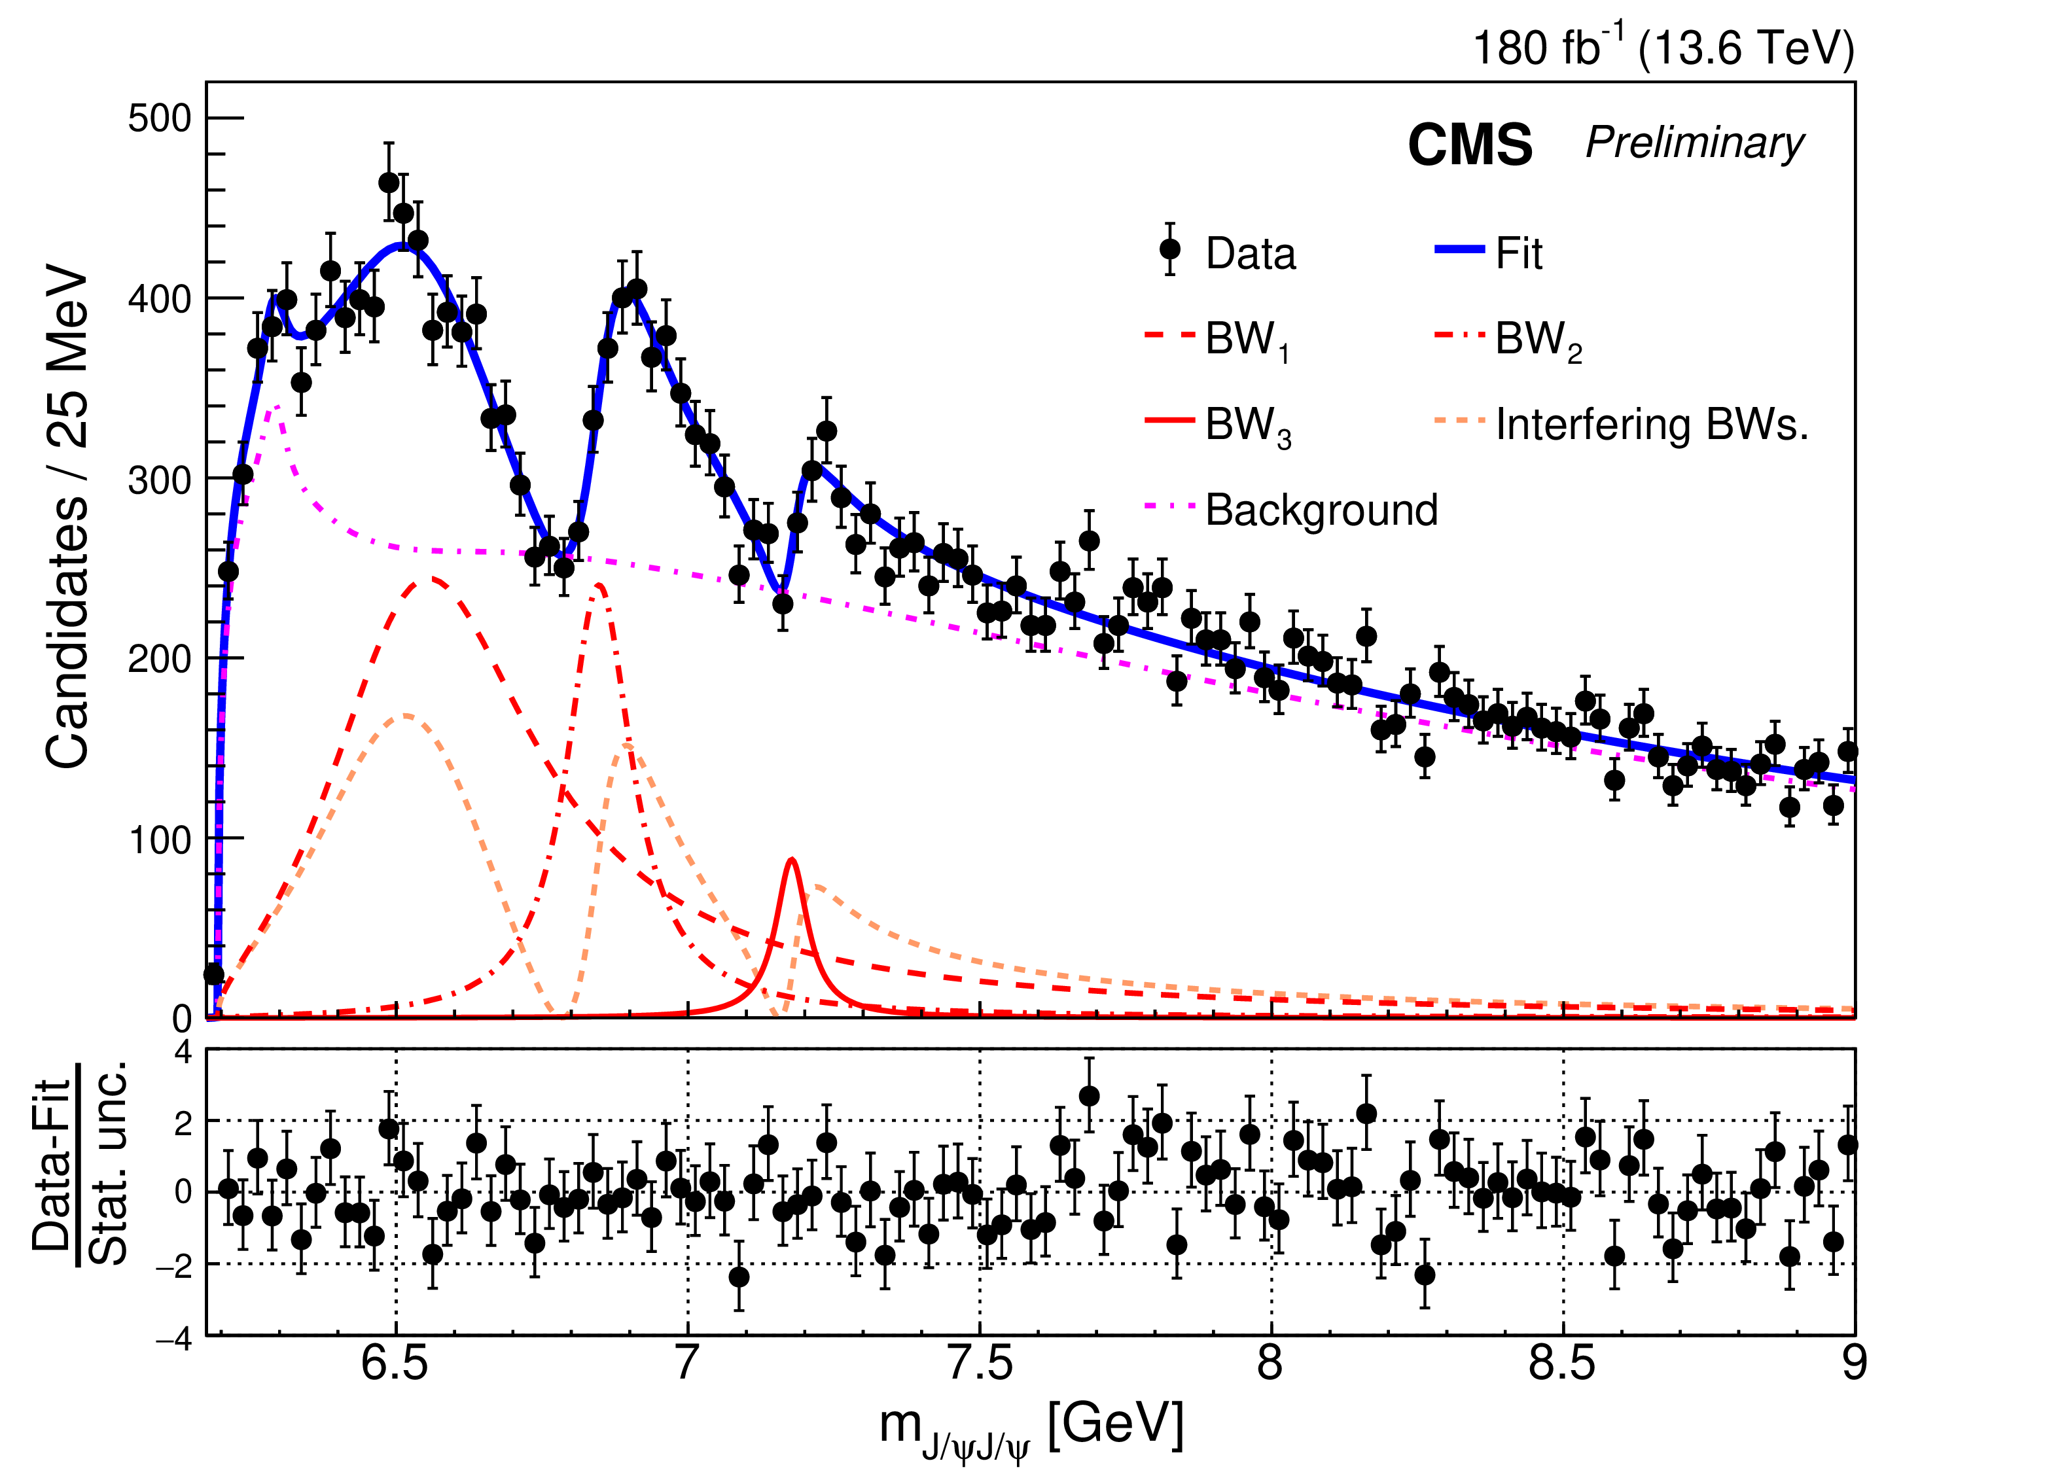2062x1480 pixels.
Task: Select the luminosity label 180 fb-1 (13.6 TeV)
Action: point(1663,47)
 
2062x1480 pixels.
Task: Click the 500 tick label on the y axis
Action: point(160,118)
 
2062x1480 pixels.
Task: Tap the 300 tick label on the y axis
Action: point(160,479)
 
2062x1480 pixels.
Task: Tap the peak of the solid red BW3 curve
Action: point(792,859)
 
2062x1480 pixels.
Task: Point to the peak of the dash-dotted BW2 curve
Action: point(598,586)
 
